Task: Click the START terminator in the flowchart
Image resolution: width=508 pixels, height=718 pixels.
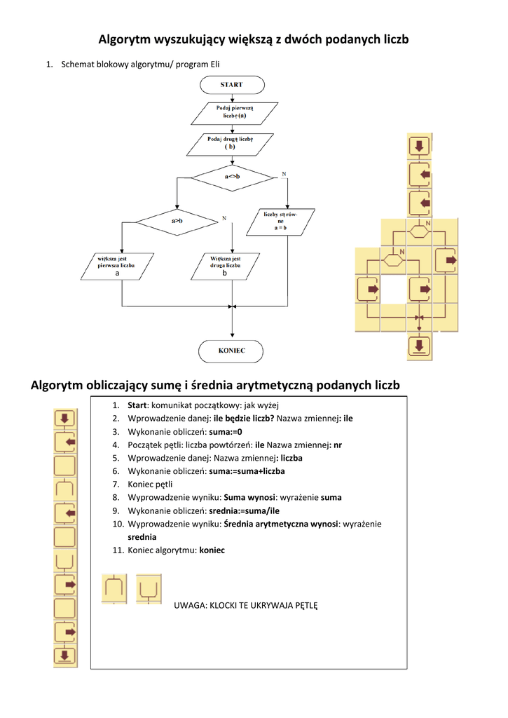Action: click(x=232, y=84)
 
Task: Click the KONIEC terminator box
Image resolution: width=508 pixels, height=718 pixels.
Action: click(x=232, y=350)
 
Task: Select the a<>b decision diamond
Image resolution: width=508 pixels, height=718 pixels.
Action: click(x=232, y=176)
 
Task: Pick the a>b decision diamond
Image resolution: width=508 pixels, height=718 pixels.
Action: click(x=177, y=221)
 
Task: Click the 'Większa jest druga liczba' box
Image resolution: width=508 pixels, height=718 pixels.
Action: click(x=226, y=266)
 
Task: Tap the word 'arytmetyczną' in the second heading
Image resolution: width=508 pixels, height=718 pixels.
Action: click(x=272, y=385)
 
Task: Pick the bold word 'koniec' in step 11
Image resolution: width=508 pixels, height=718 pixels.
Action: click(x=212, y=550)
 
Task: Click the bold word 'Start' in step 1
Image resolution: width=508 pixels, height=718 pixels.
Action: click(x=137, y=405)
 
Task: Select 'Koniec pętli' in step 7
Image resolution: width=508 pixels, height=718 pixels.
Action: click(x=150, y=484)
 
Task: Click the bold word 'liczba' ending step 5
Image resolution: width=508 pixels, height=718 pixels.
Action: click(x=291, y=458)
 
